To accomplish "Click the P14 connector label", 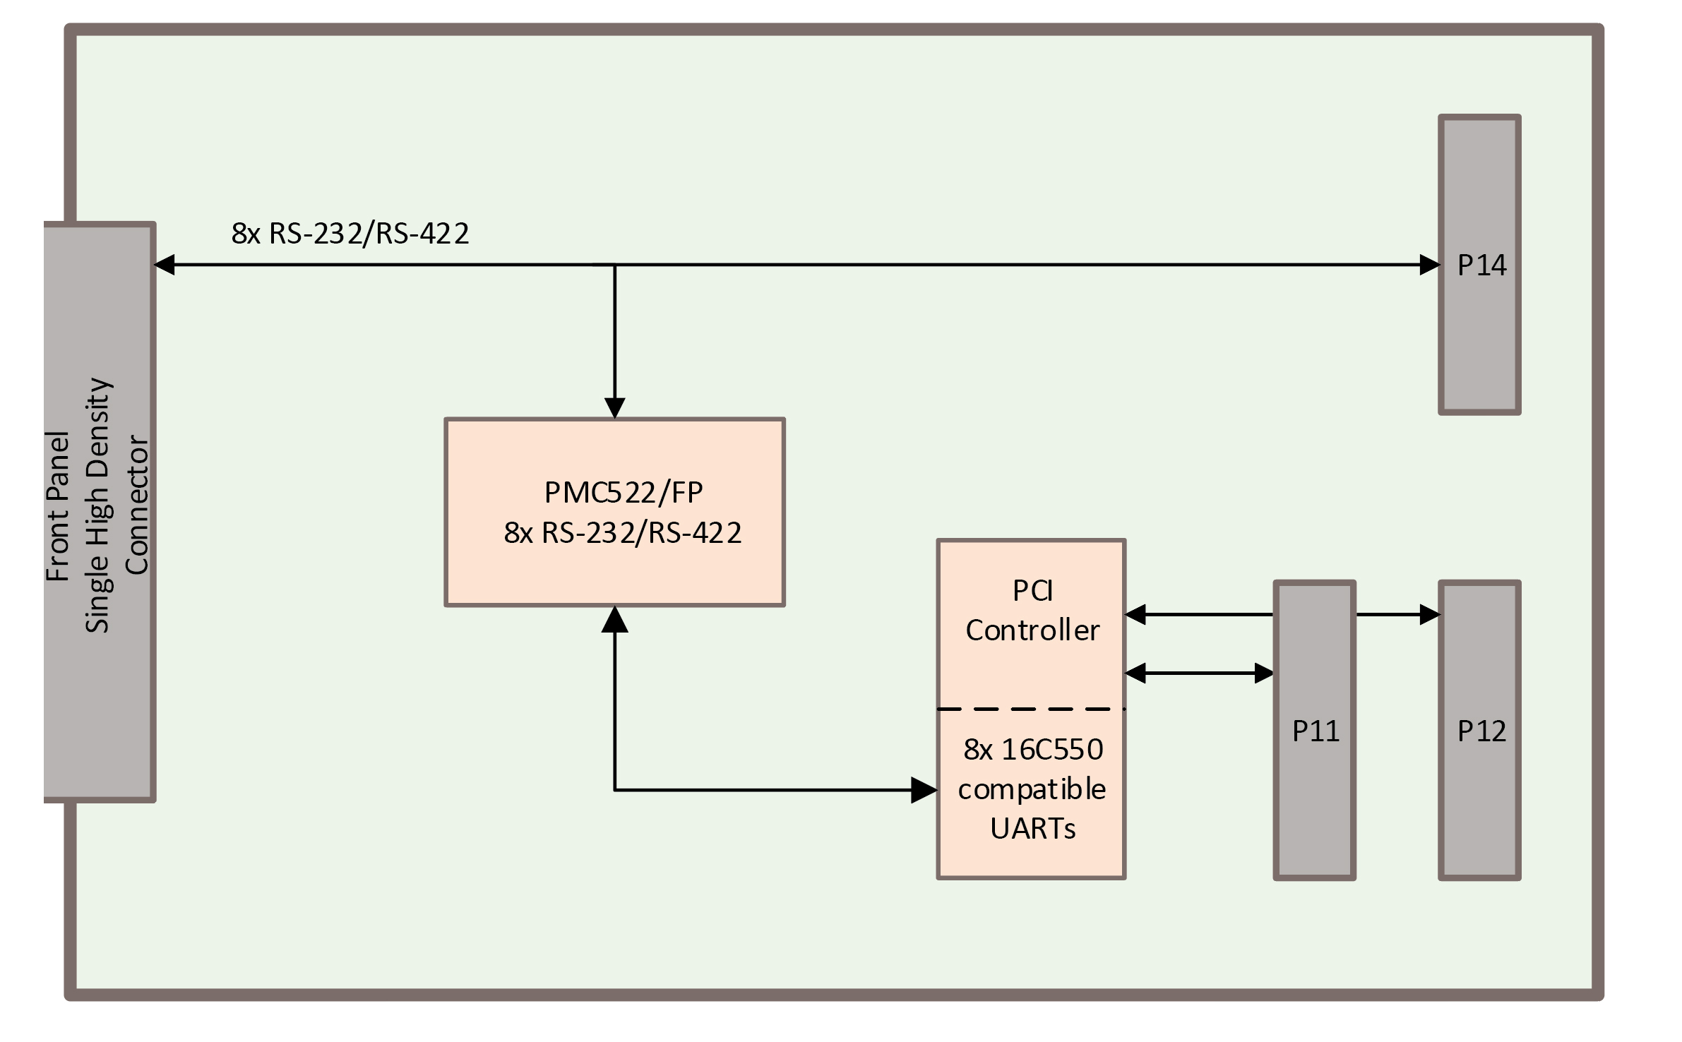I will pyautogui.click(x=1481, y=265).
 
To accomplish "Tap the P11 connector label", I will pyautogui.click(x=1316, y=731).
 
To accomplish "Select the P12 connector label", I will pyautogui.click(x=1481, y=731).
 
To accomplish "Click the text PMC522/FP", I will pyautogui.click(x=624, y=493).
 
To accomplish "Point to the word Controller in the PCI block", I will pyautogui.click(x=1032, y=630).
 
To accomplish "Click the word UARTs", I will pyautogui.click(x=1032, y=829).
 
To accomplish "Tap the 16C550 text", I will pyautogui.click(x=1052, y=750).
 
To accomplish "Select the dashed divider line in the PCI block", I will pyautogui.click(x=1031, y=709).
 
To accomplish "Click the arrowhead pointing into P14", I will pyautogui.click(x=1429, y=265).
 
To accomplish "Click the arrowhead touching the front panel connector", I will pyautogui.click(x=165, y=265).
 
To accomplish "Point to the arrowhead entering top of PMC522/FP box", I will pyautogui.click(x=615, y=408).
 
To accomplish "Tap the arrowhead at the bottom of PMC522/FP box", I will pyautogui.click(x=615, y=619).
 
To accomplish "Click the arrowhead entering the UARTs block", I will pyautogui.click(x=924, y=791).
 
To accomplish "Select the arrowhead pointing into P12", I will pyautogui.click(x=1429, y=615).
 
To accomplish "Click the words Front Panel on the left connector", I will pyautogui.click(x=58, y=506).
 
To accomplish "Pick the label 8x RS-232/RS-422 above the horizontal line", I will pyautogui.click(x=350, y=234).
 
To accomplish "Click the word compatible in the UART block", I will pyautogui.click(x=1032, y=789).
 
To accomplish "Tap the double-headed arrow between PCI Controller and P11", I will pyautogui.click(x=1198, y=673).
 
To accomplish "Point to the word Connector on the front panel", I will pyautogui.click(x=136, y=506).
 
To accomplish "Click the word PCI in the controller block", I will pyautogui.click(x=1032, y=592).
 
